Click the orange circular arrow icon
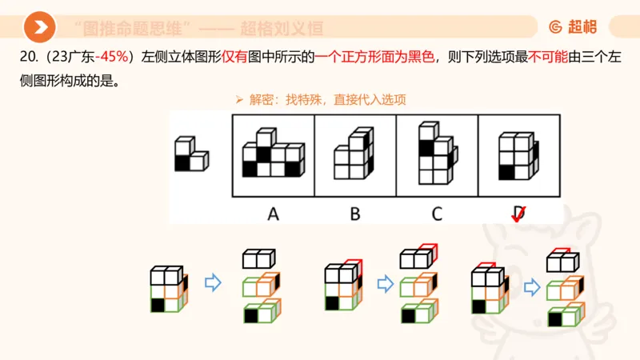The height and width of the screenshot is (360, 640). tap(39, 27)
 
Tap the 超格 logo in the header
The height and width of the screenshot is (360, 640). tap(573, 27)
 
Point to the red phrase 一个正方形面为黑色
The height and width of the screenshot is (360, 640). tap(375, 58)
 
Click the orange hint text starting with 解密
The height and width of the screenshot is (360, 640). tap(328, 100)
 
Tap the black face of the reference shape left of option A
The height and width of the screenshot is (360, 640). tap(183, 162)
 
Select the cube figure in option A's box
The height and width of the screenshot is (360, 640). tap(273, 154)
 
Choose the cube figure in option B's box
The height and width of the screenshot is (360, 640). tap(355, 154)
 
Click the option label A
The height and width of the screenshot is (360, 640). tap(273, 214)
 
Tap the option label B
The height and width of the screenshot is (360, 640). tap(355, 214)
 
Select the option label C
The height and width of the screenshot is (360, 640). tap(437, 214)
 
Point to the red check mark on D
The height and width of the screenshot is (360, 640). tap(518, 214)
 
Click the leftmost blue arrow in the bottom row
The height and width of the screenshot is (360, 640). tap(213, 283)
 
